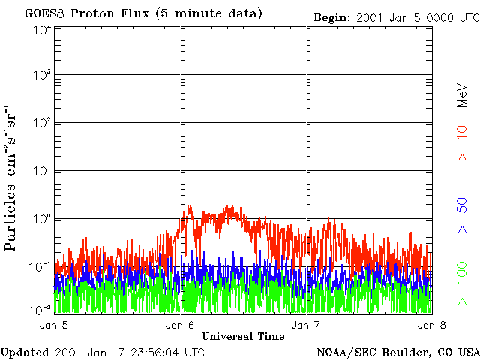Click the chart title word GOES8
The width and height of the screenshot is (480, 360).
pyautogui.click(x=42, y=13)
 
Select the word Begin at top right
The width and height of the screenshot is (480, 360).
pyautogui.click(x=330, y=16)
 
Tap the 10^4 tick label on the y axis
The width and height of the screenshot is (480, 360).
pyautogui.click(x=42, y=30)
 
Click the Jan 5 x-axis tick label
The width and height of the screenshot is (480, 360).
pyautogui.click(x=54, y=325)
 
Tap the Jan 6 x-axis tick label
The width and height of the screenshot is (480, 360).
pyautogui.click(x=181, y=325)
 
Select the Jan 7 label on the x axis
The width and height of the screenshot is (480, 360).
pyautogui.click(x=306, y=325)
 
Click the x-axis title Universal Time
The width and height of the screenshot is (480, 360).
pyautogui.click(x=243, y=336)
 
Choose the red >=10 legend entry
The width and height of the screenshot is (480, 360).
pyautogui.click(x=462, y=143)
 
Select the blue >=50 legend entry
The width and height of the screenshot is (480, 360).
pyautogui.click(x=462, y=213)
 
